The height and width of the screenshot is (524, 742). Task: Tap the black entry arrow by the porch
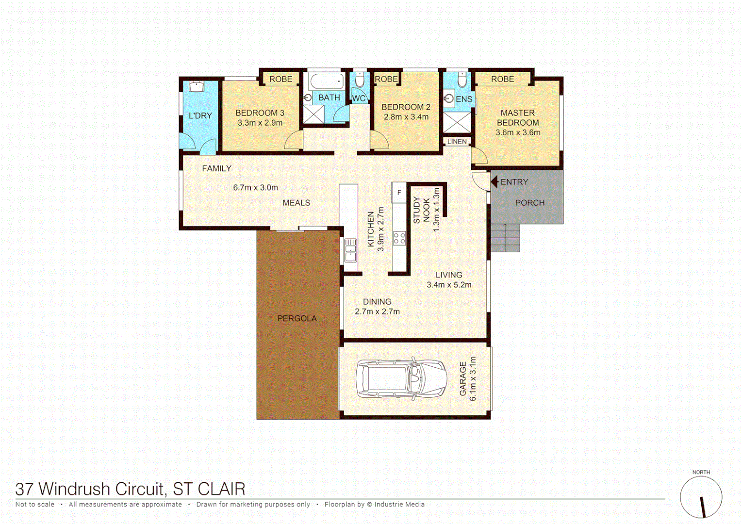495,182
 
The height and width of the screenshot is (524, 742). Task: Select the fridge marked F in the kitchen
399,193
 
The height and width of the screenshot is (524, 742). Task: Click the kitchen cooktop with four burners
399,238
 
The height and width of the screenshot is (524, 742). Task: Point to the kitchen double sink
350,250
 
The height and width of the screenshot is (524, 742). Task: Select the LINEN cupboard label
457,142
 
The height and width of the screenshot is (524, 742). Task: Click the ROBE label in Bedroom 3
280,79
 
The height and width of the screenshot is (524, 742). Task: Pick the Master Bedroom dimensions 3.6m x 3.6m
517,132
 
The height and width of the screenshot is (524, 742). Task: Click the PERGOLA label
297,318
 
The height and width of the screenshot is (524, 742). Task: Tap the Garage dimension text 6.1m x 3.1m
473,379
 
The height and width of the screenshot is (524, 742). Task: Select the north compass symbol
701,497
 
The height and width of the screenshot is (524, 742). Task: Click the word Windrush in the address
102,489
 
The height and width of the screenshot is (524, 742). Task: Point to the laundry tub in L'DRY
196,87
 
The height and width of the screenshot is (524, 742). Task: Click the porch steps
505,238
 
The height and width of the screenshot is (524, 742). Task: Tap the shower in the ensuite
457,122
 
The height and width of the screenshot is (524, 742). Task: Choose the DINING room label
377,302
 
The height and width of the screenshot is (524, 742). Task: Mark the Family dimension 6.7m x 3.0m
255,188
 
